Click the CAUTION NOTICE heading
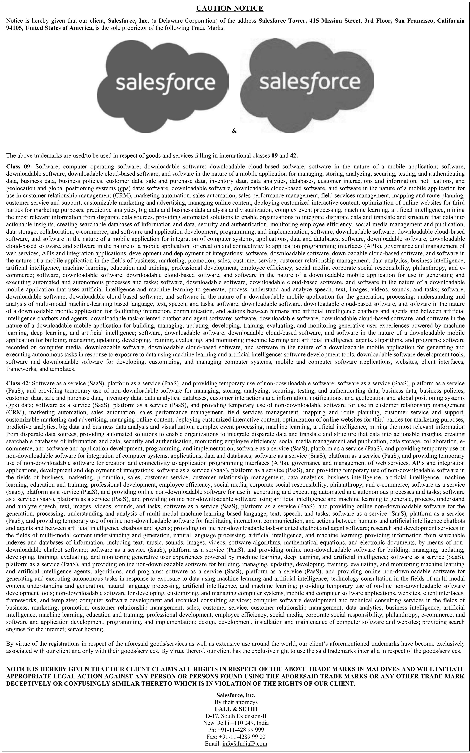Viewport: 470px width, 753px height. [x=230, y=8]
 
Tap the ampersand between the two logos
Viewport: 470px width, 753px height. [x=234, y=131]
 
